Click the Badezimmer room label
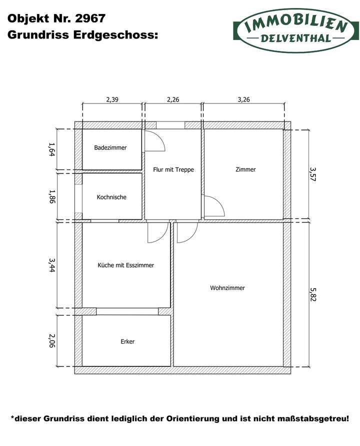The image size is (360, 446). point(110,148)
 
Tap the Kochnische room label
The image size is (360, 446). point(111,197)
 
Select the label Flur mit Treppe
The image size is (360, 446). point(173,169)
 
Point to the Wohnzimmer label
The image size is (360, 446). point(227,288)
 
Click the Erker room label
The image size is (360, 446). point(127,341)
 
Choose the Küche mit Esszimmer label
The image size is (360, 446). point(125,265)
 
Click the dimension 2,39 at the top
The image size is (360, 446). point(112,99)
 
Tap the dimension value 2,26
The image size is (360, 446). point(173,99)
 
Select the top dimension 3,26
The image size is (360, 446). point(243,99)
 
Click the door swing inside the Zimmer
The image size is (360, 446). point(213,206)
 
